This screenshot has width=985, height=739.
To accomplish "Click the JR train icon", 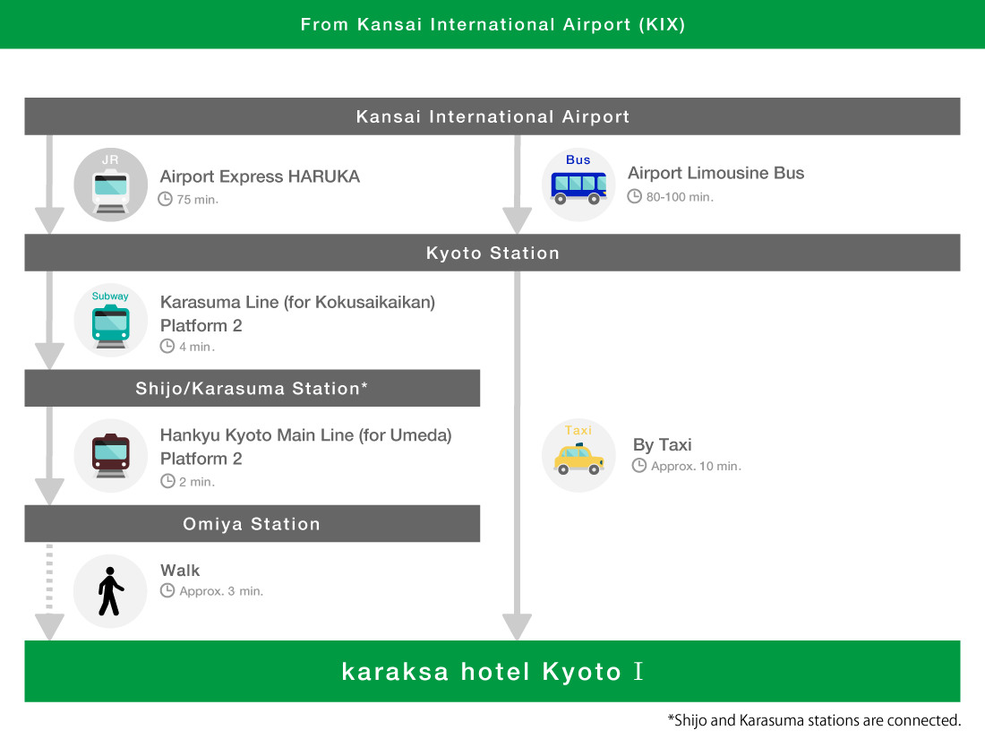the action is point(110,185).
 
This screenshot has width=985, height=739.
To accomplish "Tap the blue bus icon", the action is point(578,185).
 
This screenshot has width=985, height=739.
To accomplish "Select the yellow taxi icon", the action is point(578,456).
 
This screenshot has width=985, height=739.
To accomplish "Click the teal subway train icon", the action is point(110,321).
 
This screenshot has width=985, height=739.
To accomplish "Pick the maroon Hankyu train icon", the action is point(110,456).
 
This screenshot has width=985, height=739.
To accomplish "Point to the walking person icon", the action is point(110,591).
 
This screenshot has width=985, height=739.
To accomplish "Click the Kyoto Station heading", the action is point(492,253).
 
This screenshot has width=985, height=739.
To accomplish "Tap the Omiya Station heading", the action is point(252,524).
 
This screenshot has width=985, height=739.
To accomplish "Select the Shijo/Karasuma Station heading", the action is point(252,389).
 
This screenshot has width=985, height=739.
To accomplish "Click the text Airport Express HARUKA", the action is point(260,176).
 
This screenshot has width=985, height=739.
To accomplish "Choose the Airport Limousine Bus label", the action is point(716,173).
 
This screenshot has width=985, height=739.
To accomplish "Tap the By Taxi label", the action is point(662,445).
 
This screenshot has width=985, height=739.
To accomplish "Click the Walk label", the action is point(180,570).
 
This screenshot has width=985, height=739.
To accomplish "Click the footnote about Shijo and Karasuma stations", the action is point(814,720).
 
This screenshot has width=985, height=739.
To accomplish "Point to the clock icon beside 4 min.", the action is point(167,347).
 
